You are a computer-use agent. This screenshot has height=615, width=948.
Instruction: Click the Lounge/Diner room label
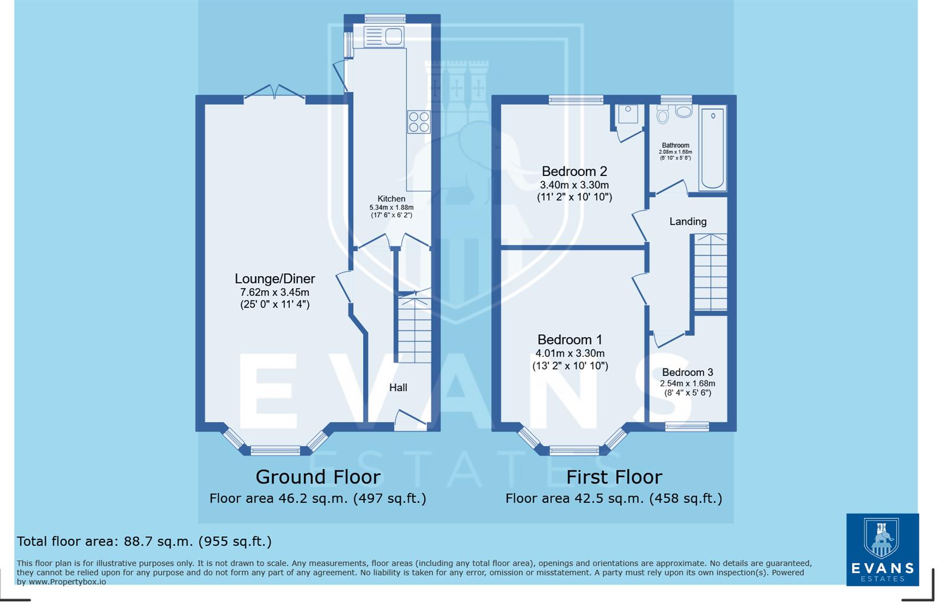pyautogui.click(x=274, y=278)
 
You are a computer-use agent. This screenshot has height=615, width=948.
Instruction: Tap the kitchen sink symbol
pyautogui.click(x=383, y=36)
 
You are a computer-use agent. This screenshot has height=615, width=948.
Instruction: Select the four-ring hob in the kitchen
pyautogui.click(x=418, y=122)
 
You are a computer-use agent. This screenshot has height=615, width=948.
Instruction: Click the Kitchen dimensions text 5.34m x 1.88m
pyautogui.click(x=391, y=207)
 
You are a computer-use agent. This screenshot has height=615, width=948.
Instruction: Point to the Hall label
pyautogui.click(x=398, y=387)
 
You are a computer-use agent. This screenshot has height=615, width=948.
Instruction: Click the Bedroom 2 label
pyautogui.click(x=574, y=171)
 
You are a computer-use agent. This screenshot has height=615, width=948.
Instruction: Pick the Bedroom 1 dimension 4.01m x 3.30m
pyautogui.click(x=570, y=353)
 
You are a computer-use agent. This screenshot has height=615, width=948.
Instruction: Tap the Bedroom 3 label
pyautogui.click(x=687, y=372)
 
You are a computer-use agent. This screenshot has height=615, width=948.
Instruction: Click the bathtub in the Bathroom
pyautogui.click(x=712, y=147)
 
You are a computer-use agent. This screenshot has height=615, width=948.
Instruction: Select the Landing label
pyautogui.click(x=688, y=222)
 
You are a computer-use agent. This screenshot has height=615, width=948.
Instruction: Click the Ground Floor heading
pyautogui.click(x=318, y=477)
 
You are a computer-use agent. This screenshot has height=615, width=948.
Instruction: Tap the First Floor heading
pyautogui.click(x=614, y=477)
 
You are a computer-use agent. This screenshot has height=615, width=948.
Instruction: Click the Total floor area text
pyautogui.click(x=144, y=541)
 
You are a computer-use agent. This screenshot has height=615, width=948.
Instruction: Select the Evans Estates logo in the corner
pyautogui.click(x=882, y=550)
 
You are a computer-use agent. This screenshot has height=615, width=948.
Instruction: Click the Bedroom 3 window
pyautogui.click(x=687, y=426)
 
